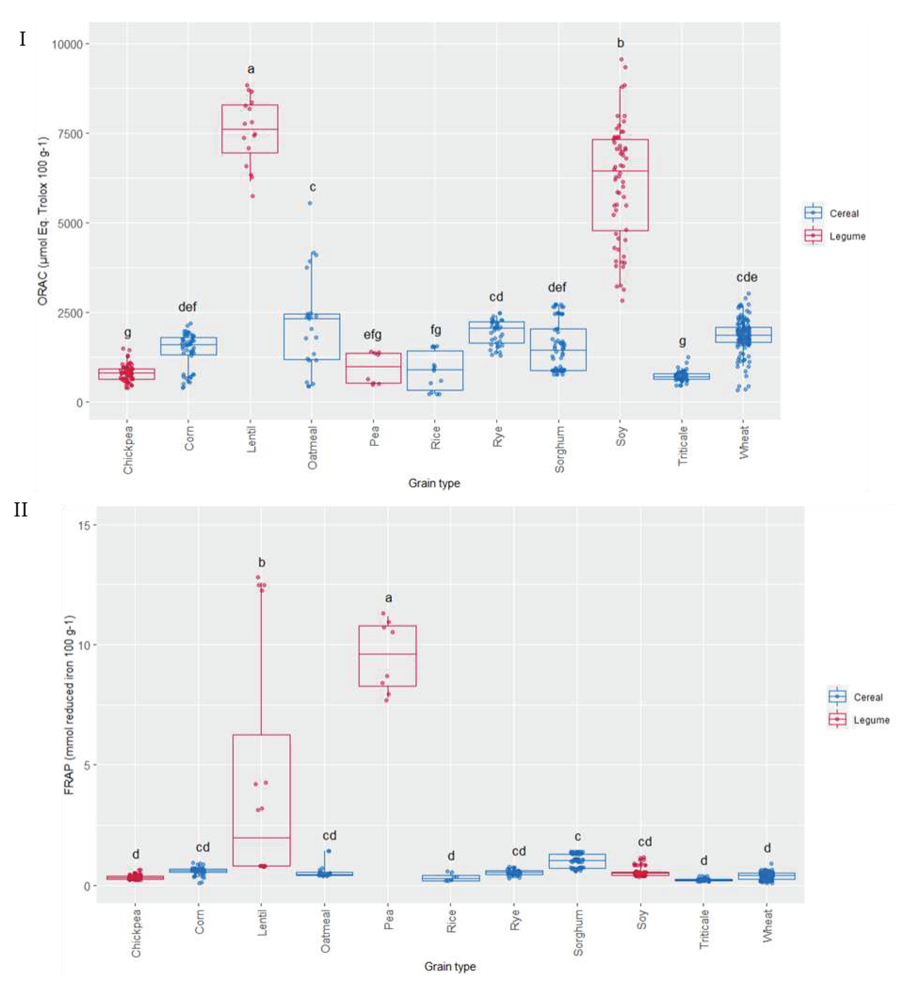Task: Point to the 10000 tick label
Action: click(68, 44)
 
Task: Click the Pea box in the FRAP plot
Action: click(387, 656)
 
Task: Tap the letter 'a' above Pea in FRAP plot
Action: click(388, 598)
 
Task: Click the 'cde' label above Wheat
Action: click(746, 277)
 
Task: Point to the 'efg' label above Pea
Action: click(373, 335)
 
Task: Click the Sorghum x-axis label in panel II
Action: click(578, 932)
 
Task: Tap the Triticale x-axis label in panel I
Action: click(682, 446)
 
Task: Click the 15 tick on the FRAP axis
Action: click(84, 525)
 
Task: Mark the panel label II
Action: click(20, 510)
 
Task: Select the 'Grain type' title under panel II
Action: click(449, 966)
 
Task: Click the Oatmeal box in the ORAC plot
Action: click(312, 337)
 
